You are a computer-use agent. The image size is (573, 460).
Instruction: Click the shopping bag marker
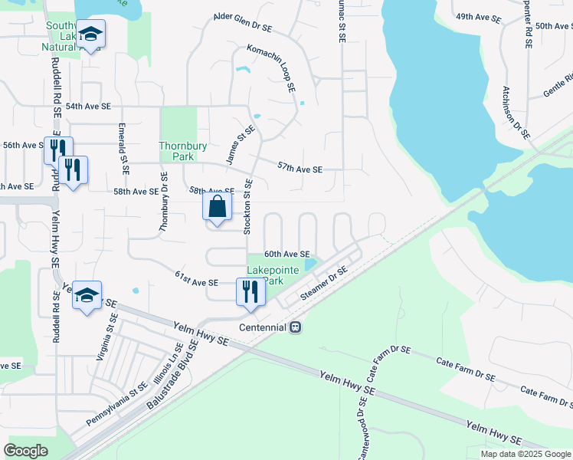click(218, 206)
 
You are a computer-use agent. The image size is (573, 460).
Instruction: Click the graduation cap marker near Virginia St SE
click(87, 295)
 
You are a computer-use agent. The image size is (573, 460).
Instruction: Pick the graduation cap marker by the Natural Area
click(90, 34)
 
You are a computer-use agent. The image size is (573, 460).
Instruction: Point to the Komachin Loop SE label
click(271, 68)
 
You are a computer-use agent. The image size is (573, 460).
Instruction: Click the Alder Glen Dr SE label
click(243, 21)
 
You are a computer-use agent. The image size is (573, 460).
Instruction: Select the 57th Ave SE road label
click(300, 167)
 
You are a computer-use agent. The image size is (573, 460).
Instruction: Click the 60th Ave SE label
click(286, 254)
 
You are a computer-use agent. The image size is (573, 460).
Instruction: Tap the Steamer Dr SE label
click(324, 284)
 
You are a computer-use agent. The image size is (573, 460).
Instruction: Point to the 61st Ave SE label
click(197, 278)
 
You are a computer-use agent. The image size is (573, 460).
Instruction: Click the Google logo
click(25, 451)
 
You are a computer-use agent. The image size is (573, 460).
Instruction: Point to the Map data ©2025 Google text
click(526, 454)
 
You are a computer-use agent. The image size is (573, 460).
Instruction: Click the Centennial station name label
click(260, 327)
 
